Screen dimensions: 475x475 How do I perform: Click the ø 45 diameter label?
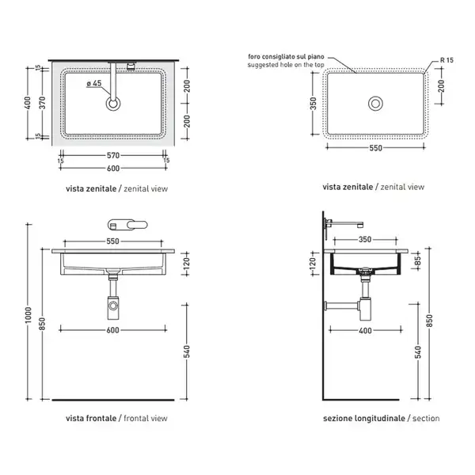[94, 83]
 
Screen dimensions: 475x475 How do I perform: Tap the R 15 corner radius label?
[446, 60]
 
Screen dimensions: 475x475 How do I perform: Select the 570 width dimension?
[113, 155]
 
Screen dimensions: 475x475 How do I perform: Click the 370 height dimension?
[43, 103]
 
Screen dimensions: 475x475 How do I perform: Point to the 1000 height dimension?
[28, 315]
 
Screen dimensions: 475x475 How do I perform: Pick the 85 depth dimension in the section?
[418, 260]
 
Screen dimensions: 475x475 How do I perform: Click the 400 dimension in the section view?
[365, 330]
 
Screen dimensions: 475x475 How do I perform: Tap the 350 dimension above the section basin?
[365, 240]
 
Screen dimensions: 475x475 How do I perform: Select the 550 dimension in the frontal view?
[112, 241]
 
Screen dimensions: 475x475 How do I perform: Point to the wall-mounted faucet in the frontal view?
[127, 225]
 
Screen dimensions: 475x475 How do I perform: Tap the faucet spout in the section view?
[346, 225]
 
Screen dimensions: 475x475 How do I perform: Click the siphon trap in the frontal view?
[113, 306]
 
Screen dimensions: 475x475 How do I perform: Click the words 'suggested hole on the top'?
[286, 65]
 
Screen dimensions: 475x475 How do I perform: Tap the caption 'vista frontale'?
[91, 418]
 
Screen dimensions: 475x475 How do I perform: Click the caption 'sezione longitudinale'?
[364, 419]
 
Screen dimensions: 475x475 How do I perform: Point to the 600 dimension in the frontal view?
[112, 330]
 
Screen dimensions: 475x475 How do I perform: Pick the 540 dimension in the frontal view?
[187, 351]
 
